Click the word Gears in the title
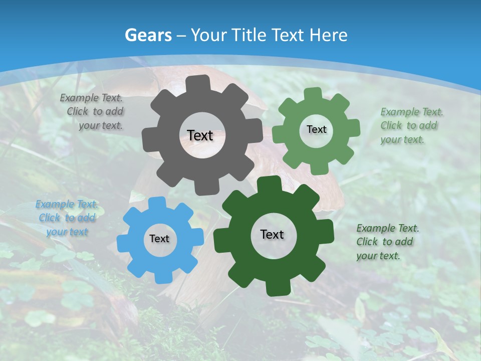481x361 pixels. [x=148, y=35]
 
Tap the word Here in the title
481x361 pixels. [x=328, y=35]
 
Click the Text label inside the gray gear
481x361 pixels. [x=200, y=135]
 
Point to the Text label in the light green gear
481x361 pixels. [x=316, y=129]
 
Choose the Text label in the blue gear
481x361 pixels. [x=159, y=239]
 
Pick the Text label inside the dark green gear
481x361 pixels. [x=272, y=234]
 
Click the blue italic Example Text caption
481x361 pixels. [x=67, y=218]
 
